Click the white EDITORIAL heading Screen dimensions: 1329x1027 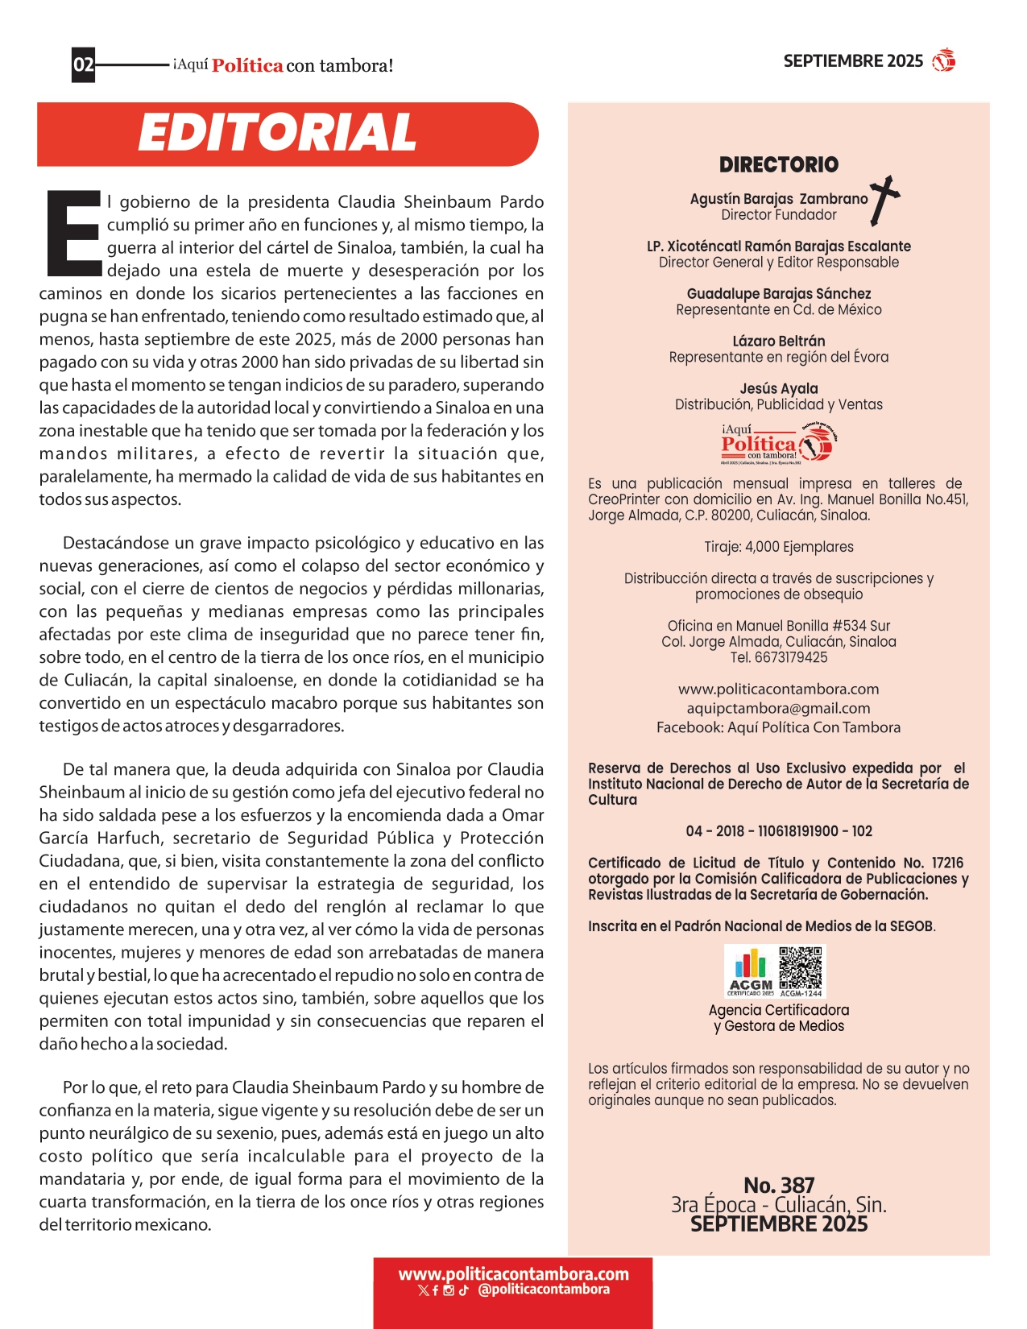click(x=277, y=133)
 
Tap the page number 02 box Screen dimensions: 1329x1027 click(x=84, y=64)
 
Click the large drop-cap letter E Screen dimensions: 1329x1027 click(x=72, y=234)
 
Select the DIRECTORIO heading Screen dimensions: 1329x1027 click(x=778, y=165)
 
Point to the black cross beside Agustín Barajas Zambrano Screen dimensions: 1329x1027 click(x=884, y=199)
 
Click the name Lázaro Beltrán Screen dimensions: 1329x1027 click(x=778, y=341)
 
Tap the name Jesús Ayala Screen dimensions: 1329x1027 click(x=778, y=388)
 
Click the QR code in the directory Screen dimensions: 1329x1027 click(x=801, y=969)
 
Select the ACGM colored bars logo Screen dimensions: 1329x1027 click(x=751, y=969)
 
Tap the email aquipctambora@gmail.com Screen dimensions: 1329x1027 click(x=778, y=708)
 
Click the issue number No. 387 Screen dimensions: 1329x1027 click(x=778, y=1185)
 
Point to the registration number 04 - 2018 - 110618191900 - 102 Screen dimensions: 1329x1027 click(x=778, y=830)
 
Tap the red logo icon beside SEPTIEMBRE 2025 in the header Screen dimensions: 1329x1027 click(x=943, y=60)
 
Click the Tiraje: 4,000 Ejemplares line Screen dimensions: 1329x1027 click(x=778, y=547)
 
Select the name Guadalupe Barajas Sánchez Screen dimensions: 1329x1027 click(x=778, y=293)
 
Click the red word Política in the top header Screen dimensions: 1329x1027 click(x=247, y=66)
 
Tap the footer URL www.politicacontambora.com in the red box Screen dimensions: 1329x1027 click(x=513, y=1274)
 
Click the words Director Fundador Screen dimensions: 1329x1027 click(x=778, y=215)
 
